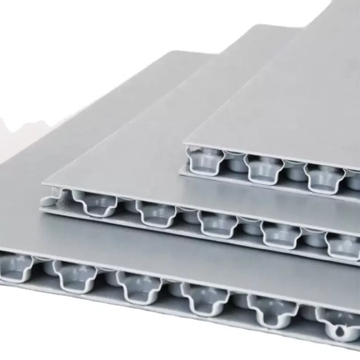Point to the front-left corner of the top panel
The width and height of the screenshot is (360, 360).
184,146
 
